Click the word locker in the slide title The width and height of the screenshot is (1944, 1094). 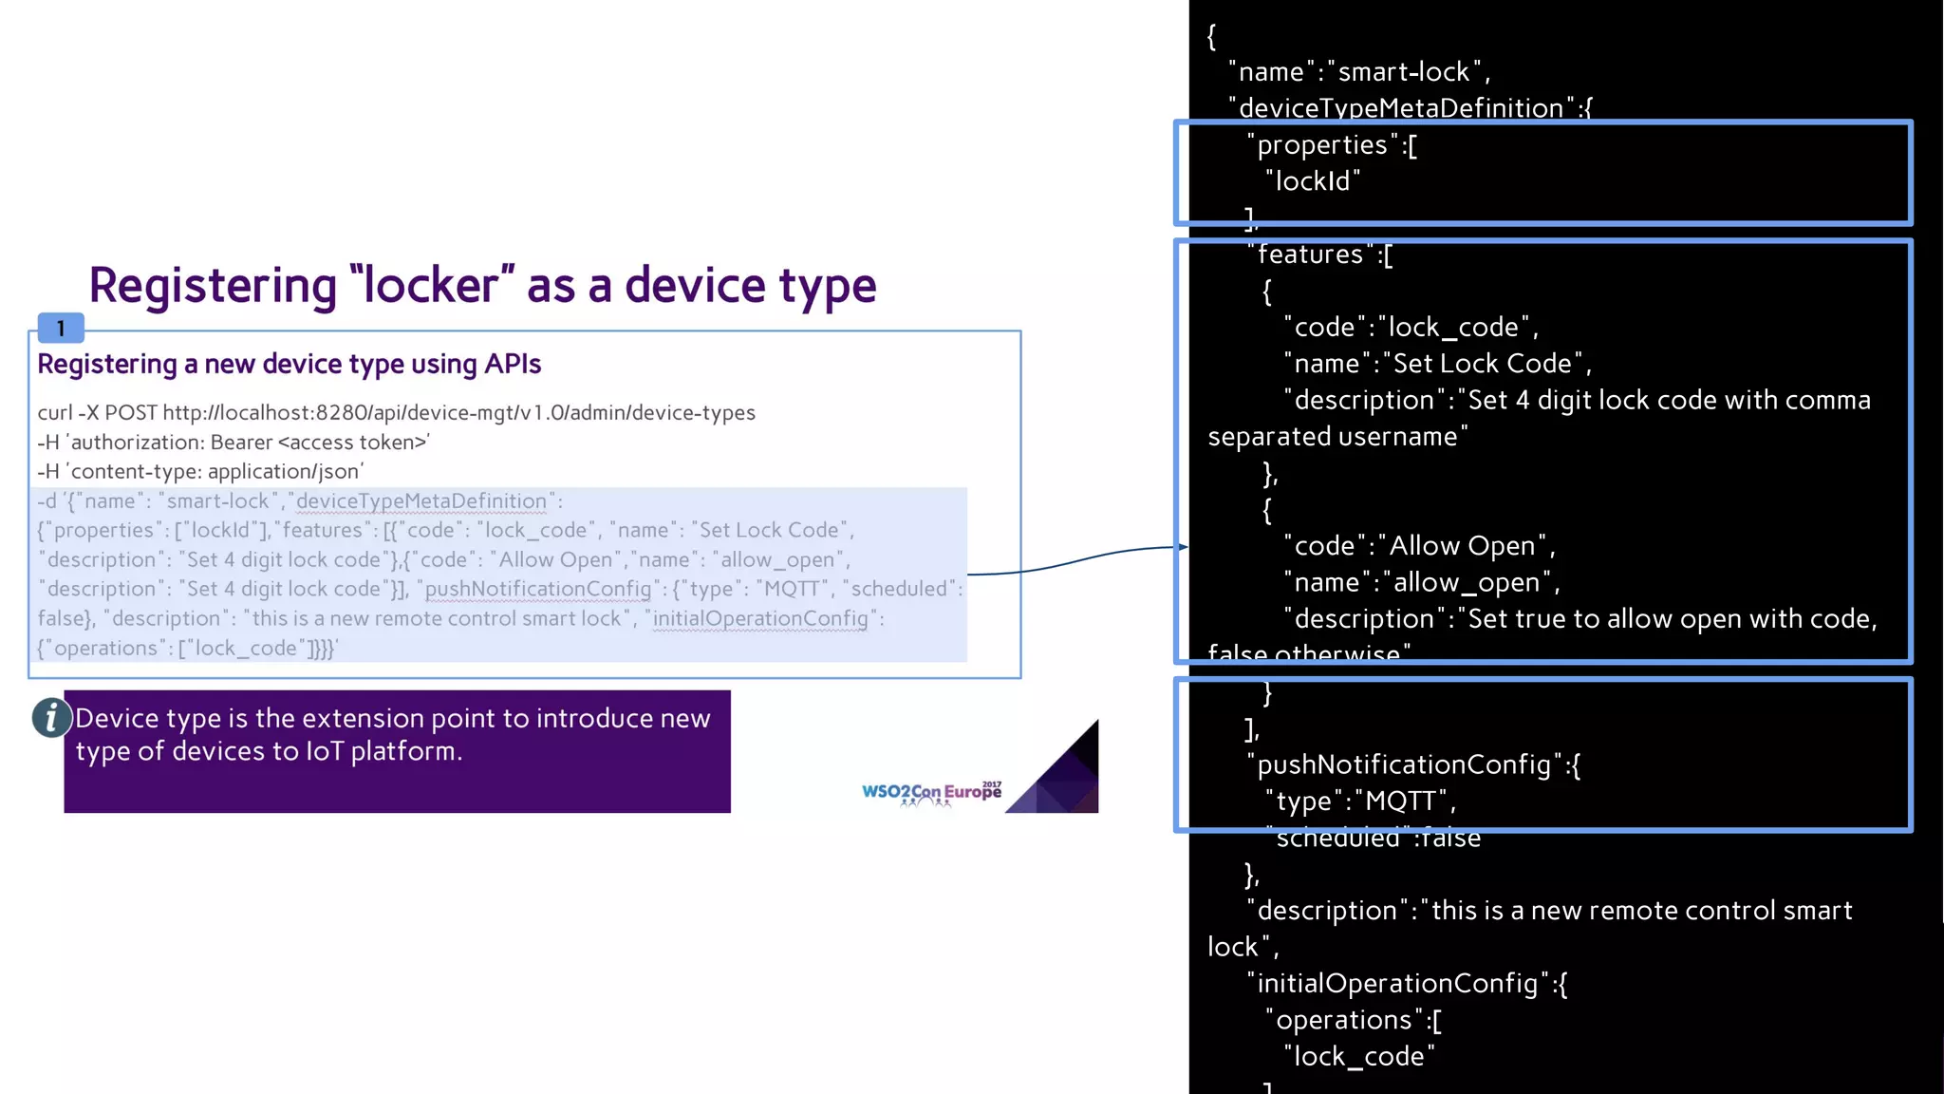coord(432,285)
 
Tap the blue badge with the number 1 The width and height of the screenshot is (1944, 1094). coord(61,328)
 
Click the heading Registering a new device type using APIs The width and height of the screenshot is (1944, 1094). coord(289,364)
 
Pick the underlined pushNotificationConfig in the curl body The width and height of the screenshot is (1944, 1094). coord(537,589)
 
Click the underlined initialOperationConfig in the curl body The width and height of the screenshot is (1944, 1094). coord(759,618)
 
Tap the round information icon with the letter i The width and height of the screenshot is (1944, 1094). coord(51,717)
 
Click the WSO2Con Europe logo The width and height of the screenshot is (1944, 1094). coord(931,793)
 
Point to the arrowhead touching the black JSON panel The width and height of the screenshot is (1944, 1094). coord(1183,547)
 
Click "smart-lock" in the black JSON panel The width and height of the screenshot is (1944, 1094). coord(1404,72)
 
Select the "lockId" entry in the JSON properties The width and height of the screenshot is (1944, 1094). coord(1313,181)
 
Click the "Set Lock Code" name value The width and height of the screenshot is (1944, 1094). coord(1482,364)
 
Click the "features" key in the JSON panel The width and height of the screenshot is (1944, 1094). coord(1310,255)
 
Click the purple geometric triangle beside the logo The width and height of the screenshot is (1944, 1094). coord(1063,774)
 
